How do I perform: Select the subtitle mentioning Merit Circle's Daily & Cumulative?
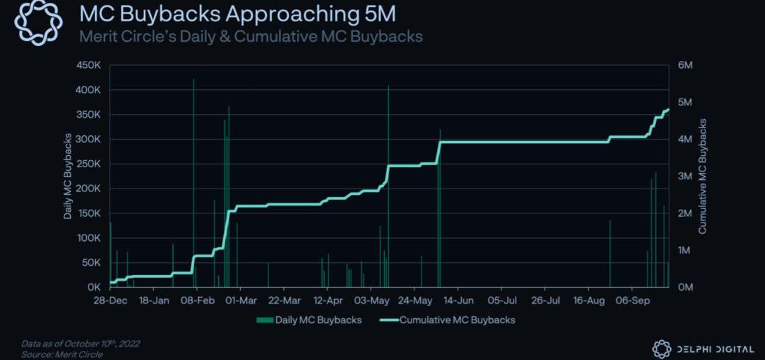pyautogui.click(x=251, y=36)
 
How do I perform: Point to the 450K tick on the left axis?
pyautogui.click(x=88, y=65)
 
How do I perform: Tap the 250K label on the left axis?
pyautogui.click(x=88, y=164)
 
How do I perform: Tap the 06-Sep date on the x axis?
pyautogui.click(x=632, y=300)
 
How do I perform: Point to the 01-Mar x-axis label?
pyautogui.click(x=241, y=300)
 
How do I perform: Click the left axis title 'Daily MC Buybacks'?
pyautogui.click(x=68, y=176)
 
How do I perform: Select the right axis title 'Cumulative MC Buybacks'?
pyautogui.click(x=703, y=176)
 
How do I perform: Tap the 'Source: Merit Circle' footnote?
pyautogui.click(x=62, y=354)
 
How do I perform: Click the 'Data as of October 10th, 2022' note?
pyautogui.click(x=81, y=344)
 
